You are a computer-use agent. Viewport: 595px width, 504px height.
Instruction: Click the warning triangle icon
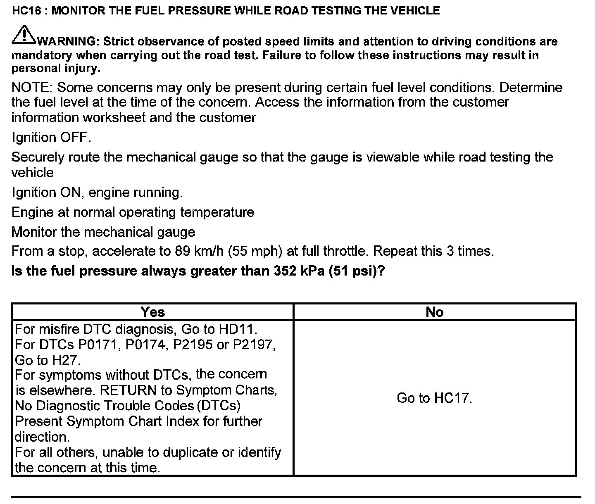[24, 35]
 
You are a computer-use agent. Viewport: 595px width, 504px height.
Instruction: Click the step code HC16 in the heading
[27, 10]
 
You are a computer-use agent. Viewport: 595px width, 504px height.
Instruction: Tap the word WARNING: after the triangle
[68, 41]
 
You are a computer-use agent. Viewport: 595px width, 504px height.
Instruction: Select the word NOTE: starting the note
[32, 88]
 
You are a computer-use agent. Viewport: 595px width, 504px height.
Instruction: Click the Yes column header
[152, 312]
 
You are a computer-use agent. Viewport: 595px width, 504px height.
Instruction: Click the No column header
[434, 312]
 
